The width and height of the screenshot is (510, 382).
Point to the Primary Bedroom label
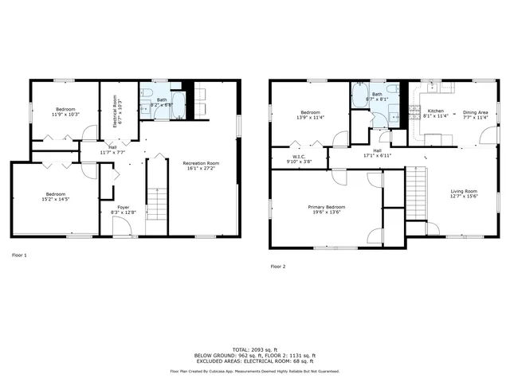[327, 207]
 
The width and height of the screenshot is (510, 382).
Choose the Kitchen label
[435, 111]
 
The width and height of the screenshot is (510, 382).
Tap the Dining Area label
[475, 112]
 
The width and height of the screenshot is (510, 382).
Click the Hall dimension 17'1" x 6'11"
[377, 156]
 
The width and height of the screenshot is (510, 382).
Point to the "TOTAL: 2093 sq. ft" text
[254, 349]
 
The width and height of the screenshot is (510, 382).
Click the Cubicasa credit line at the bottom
[254, 371]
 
